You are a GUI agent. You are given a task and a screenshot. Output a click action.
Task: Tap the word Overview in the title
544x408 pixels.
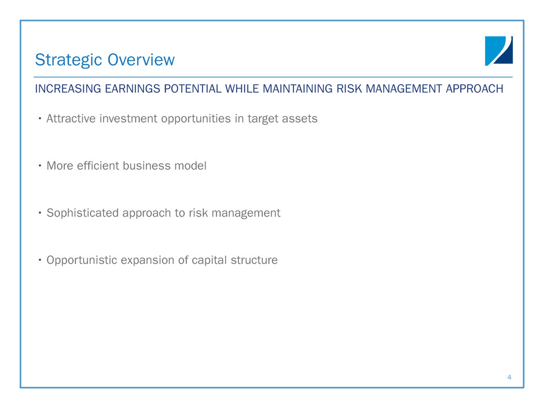click(x=141, y=60)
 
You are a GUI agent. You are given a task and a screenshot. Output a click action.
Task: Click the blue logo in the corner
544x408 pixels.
click(x=498, y=51)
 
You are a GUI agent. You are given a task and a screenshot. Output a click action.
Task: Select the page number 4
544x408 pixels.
click(x=509, y=377)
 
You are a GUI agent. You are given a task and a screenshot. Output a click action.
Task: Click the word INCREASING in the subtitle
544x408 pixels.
click(x=68, y=89)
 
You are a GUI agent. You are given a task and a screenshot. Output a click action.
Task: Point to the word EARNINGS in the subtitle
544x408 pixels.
click(x=133, y=89)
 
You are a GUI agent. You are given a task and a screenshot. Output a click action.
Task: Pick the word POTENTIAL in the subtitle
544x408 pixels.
click(x=193, y=89)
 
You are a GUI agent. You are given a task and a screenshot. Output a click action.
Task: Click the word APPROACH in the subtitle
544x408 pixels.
click(x=475, y=89)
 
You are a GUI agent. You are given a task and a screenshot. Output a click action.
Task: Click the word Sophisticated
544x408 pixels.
click(x=83, y=213)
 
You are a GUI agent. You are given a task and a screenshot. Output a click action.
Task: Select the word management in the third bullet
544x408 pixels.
click(x=245, y=213)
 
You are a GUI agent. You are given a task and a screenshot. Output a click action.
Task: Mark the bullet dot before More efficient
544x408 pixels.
click(x=40, y=166)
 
